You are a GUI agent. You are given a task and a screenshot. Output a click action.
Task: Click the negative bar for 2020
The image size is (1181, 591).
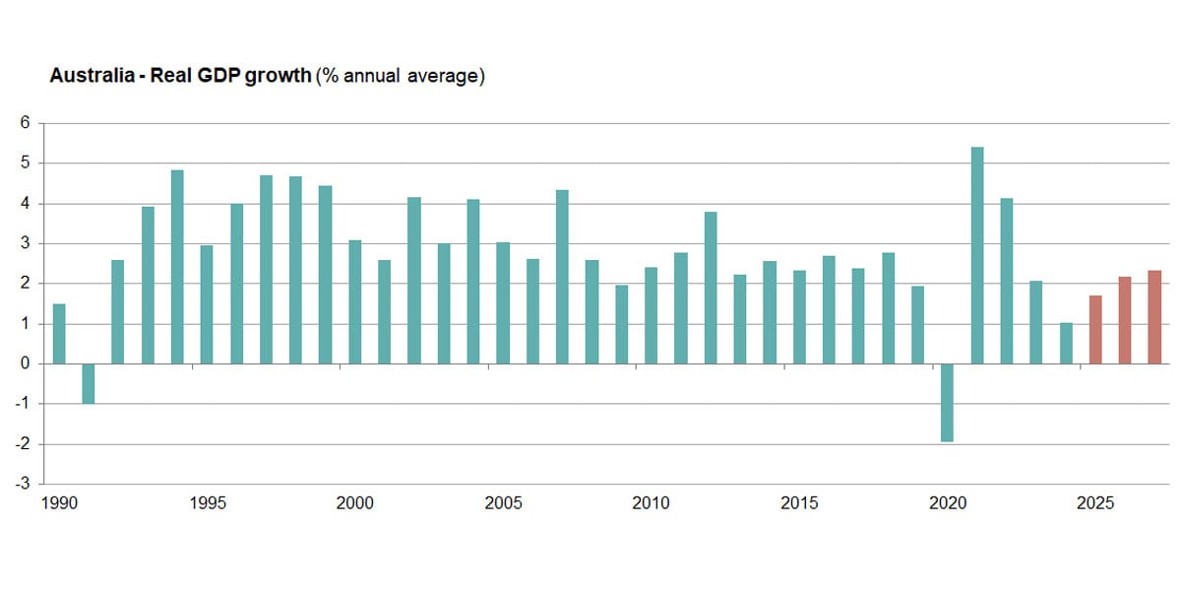(x=947, y=402)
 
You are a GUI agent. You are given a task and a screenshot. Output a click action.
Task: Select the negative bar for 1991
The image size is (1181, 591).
(x=88, y=383)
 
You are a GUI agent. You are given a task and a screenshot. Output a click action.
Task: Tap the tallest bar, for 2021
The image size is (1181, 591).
(x=977, y=255)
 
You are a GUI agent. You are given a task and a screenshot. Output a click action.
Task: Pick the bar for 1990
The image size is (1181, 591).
(x=59, y=334)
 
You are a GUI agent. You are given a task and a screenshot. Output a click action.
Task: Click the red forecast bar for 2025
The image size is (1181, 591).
(x=1095, y=329)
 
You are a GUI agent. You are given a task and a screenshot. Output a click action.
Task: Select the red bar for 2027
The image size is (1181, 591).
(x=1154, y=317)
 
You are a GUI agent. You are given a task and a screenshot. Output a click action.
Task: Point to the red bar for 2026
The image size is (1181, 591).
(x=1125, y=320)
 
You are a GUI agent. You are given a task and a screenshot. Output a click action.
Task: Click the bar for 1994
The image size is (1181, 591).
(x=177, y=267)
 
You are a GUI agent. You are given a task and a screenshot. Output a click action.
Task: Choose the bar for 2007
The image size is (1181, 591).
(x=562, y=277)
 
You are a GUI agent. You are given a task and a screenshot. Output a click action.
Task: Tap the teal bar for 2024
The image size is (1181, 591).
(x=1066, y=343)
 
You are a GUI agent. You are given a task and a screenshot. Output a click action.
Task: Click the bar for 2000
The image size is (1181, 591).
(x=354, y=301)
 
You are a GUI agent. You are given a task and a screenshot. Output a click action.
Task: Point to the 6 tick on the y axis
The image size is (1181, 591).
(x=26, y=123)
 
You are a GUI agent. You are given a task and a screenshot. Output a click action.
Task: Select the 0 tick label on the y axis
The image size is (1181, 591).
(x=26, y=364)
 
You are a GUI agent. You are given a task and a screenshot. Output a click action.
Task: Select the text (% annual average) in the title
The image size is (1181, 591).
(x=400, y=76)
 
